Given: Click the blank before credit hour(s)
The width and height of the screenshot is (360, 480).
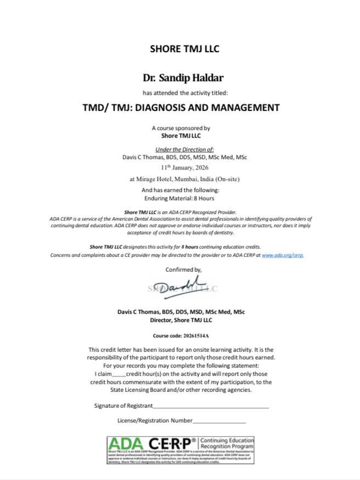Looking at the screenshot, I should (119, 374).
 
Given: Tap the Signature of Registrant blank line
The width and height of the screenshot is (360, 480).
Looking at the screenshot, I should (210, 406).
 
